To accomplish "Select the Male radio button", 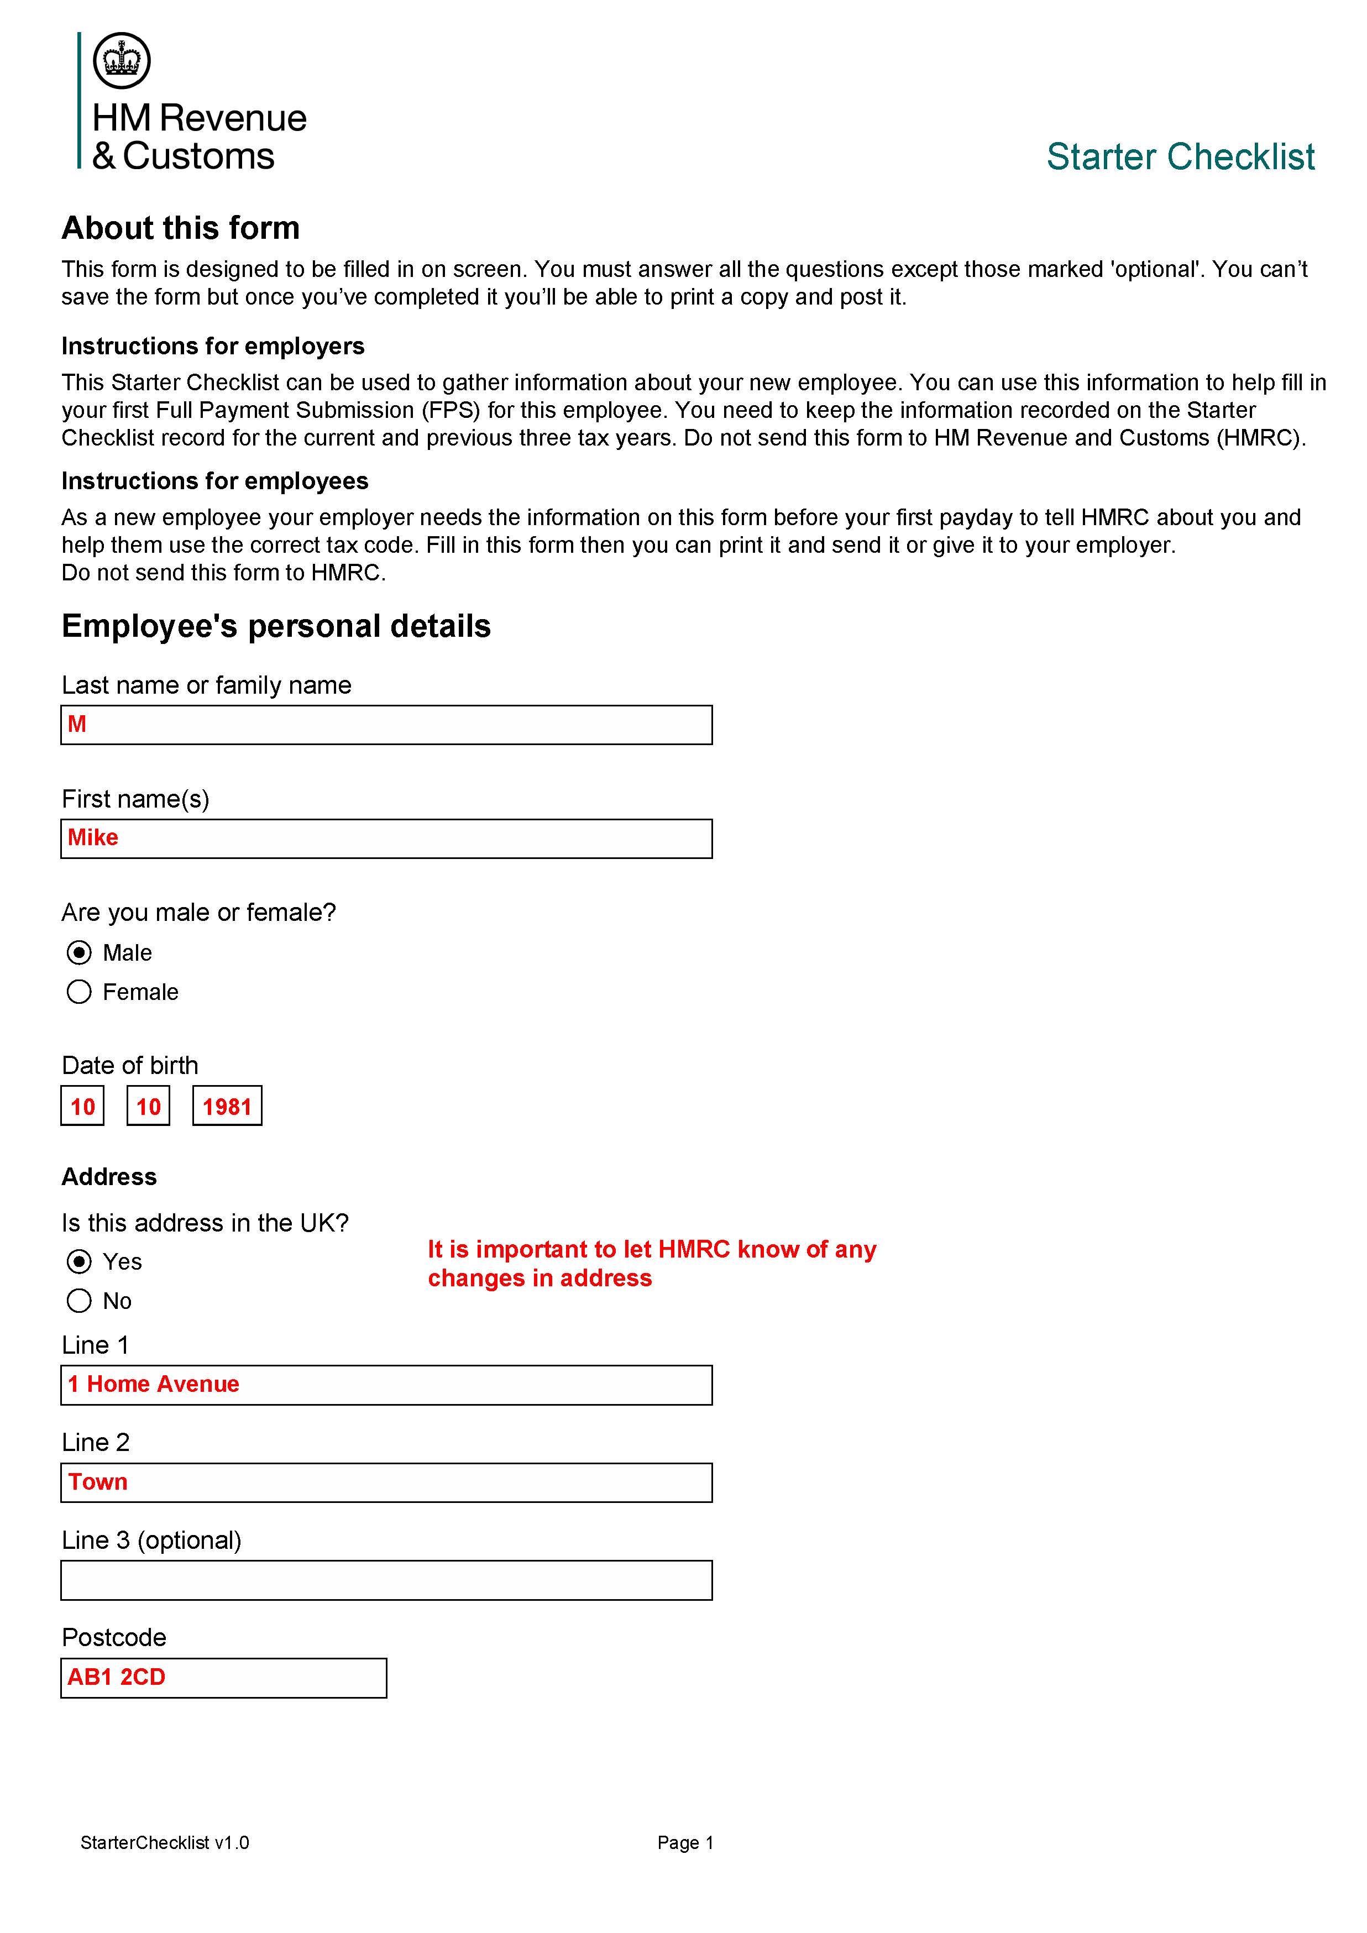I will pyautogui.click(x=79, y=952).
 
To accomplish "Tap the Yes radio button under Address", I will pyautogui.click(x=79, y=1261).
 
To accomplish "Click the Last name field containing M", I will pyautogui.click(x=386, y=725).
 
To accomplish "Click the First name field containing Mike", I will pyautogui.click(x=386, y=839).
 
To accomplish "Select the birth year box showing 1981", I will pyautogui.click(x=227, y=1106).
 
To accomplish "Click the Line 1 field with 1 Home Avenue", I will pyautogui.click(x=386, y=1385).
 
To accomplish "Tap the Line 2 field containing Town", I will pyautogui.click(x=386, y=1483).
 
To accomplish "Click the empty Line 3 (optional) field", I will pyautogui.click(x=386, y=1580).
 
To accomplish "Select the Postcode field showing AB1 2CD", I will pyautogui.click(x=223, y=1678).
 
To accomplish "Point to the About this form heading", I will pyautogui.click(x=180, y=228).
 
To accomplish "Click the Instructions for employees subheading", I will pyautogui.click(x=214, y=481).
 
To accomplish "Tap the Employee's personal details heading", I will pyautogui.click(x=276, y=626).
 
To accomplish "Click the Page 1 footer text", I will pyautogui.click(x=685, y=1843).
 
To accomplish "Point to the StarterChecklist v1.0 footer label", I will pyautogui.click(x=165, y=1843).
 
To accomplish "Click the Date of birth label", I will pyautogui.click(x=130, y=1065).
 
